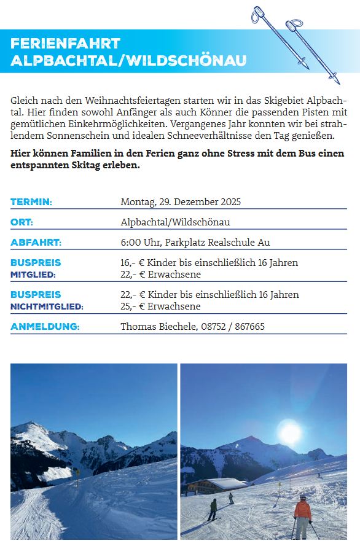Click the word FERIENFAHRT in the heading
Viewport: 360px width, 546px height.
[65, 44]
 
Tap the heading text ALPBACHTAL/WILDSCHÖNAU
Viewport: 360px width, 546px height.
[128, 60]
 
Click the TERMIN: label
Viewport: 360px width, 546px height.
[31, 202]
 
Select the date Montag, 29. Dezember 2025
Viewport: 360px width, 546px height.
[181, 202]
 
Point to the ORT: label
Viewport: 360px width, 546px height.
[22, 222]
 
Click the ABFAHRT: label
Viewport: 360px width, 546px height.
[36, 242]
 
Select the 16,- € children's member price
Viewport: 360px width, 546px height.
[130, 262]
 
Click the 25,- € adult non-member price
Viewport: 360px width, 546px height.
[130, 306]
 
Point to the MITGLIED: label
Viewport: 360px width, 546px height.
[33, 275]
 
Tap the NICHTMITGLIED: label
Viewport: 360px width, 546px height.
[47, 306]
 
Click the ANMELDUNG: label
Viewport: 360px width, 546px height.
[45, 326]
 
